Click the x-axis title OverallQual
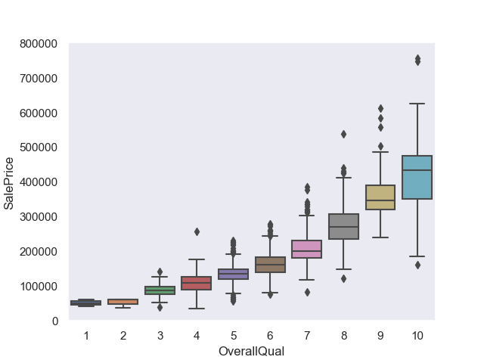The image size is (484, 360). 251,351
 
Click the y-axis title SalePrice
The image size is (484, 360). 10,183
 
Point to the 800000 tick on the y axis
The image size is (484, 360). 39,44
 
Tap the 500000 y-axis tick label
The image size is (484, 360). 39,148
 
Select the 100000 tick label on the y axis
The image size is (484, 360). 39,287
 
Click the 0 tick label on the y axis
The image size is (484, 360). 55,321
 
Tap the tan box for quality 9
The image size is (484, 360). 380,197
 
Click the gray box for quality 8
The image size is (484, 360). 343,226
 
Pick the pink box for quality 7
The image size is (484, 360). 307,249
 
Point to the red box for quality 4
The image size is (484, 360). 197,283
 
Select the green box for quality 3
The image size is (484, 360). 160,290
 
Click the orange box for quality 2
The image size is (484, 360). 123,302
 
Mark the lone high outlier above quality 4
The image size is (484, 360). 197,232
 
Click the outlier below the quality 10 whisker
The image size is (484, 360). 417,265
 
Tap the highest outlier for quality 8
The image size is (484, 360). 343,134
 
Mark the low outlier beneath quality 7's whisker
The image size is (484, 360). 307,292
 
